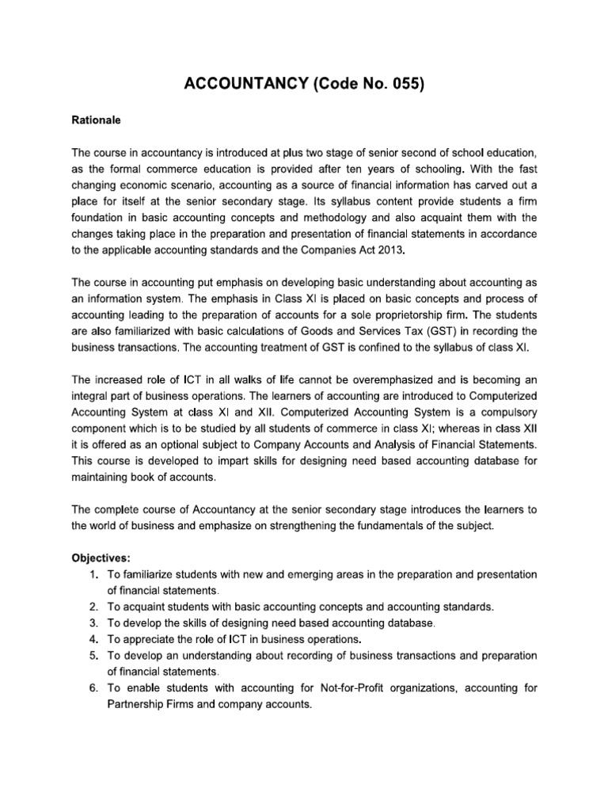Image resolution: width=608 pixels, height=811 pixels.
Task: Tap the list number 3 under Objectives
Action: click(x=93, y=623)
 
